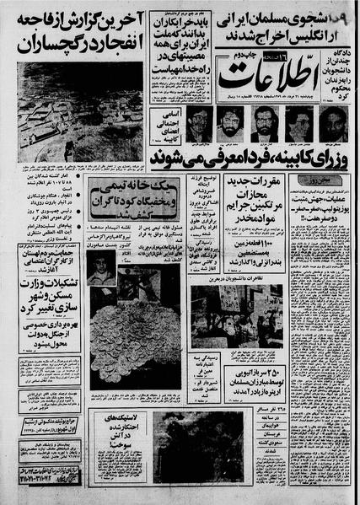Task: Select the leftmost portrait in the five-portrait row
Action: [x=198, y=123]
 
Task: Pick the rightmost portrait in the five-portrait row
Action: [x=331, y=123]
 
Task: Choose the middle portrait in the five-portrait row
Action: [x=265, y=123]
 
